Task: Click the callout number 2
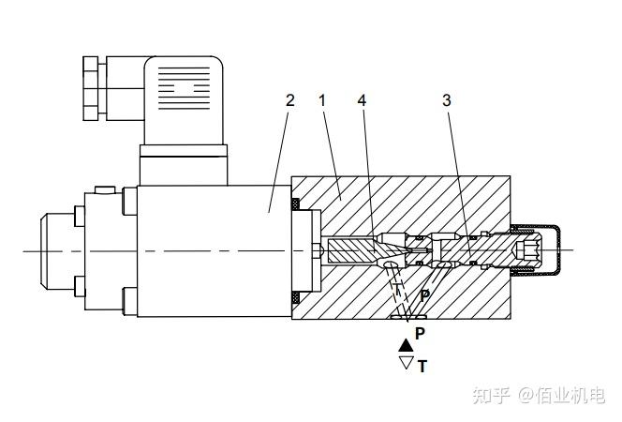click(290, 100)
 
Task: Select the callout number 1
click(322, 100)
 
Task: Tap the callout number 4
click(362, 100)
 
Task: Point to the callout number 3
click(447, 100)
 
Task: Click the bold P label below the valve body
click(420, 334)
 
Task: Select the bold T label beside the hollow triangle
click(422, 366)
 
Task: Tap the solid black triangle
click(406, 345)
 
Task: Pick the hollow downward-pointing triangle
click(406, 363)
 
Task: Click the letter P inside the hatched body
click(425, 295)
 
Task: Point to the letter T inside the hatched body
click(397, 289)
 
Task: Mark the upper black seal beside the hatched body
click(295, 204)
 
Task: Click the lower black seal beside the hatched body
click(295, 297)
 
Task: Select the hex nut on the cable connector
click(91, 88)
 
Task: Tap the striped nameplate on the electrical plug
click(184, 88)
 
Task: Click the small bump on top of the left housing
click(105, 190)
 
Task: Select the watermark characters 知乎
click(491, 396)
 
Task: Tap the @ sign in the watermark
click(526, 396)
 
